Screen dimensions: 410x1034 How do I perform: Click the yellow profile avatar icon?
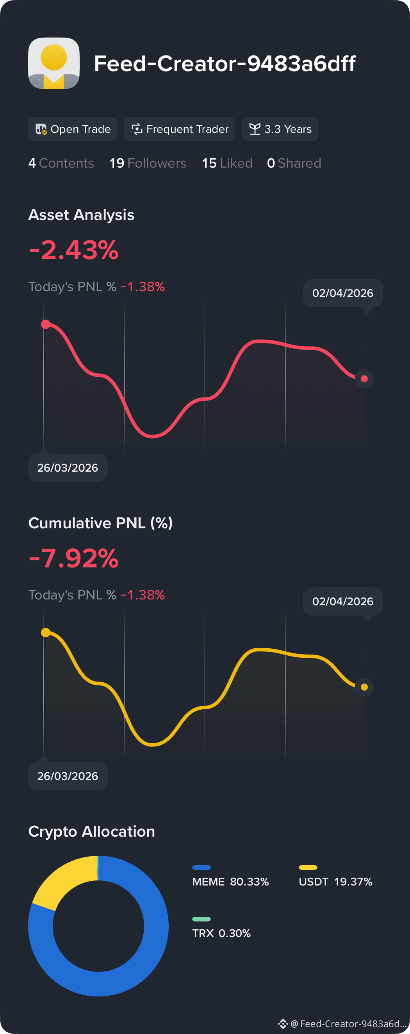click(54, 63)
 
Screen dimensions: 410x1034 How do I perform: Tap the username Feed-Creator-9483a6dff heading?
click(225, 63)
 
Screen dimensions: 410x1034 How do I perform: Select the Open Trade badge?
click(73, 129)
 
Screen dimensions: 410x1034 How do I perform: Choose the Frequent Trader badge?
click(179, 129)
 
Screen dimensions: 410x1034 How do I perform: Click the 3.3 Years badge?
click(280, 129)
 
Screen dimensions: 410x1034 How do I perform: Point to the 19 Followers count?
click(148, 163)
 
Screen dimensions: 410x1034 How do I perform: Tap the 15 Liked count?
click(227, 163)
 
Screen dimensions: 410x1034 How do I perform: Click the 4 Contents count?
click(61, 163)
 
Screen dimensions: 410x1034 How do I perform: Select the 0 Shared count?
click(294, 163)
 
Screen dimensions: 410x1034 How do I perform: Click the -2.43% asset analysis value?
click(74, 250)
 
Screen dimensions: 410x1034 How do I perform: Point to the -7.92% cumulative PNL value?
click(74, 558)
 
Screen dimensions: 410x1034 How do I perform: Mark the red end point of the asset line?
click(364, 379)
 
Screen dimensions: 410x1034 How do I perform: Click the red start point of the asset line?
click(46, 324)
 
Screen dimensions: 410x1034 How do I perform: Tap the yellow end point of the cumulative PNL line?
click(364, 687)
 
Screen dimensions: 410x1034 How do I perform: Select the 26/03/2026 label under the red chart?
click(68, 468)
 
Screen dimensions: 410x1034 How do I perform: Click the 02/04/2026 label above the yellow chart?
click(343, 601)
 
